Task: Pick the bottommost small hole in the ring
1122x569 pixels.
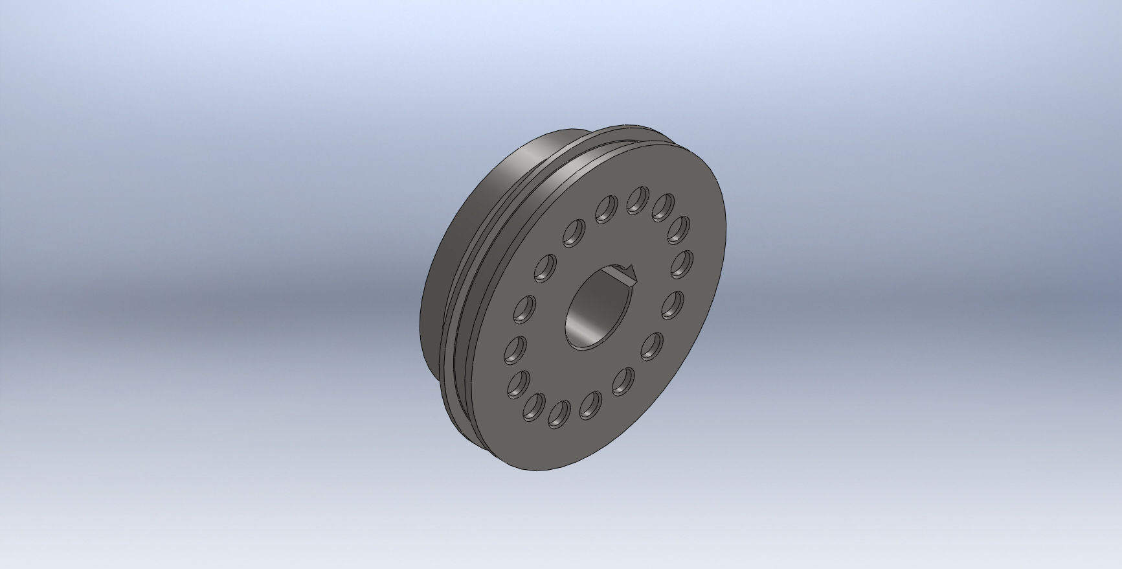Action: coord(559,413)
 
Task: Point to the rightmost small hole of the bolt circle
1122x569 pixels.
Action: coord(682,264)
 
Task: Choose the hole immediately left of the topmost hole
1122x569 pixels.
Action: coord(606,209)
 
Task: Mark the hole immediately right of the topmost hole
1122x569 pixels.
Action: coord(662,206)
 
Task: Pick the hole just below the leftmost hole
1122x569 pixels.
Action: coord(517,384)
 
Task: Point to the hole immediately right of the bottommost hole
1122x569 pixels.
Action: coord(589,404)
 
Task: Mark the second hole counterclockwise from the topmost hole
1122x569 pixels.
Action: coord(573,233)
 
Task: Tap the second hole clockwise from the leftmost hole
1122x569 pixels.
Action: coord(544,268)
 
